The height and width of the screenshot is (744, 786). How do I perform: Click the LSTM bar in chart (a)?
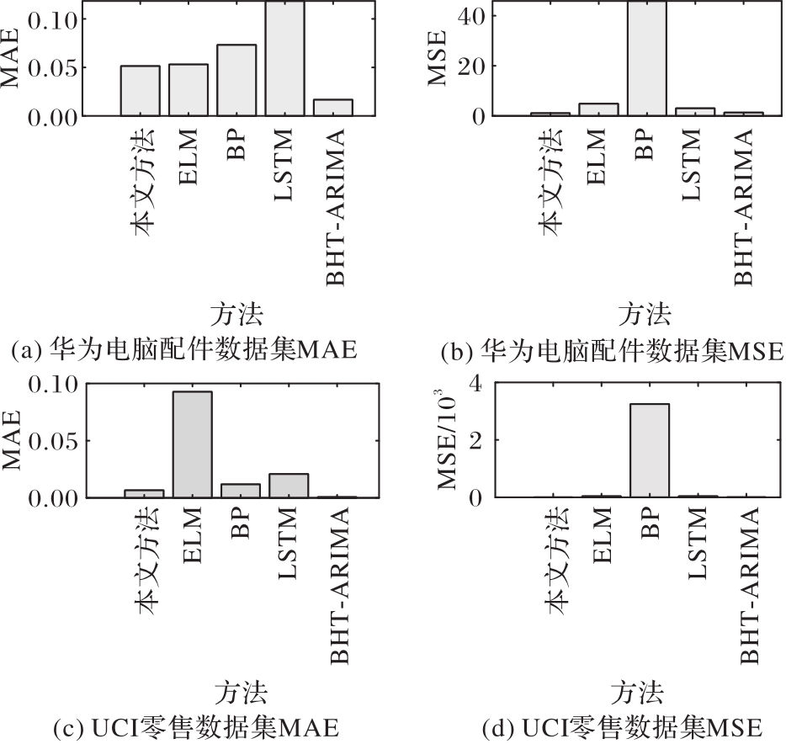coord(289,58)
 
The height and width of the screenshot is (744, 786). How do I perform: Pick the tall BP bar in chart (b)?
coord(649,58)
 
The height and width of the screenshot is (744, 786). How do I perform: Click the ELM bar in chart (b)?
coord(600,109)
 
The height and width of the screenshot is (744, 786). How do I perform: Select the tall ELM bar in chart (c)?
coord(193,444)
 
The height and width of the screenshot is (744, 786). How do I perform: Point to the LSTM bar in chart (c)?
coord(289,486)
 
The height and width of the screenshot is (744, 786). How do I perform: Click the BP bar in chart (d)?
coord(649,450)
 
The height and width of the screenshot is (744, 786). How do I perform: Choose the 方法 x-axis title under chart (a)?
coord(236,316)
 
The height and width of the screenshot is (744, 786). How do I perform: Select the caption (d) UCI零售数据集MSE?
coord(623,725)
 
